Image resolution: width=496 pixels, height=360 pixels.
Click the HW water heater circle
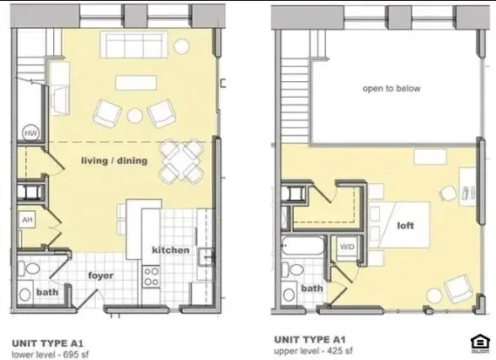tap(31, 133)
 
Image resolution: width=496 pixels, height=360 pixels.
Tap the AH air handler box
tap(28, 220)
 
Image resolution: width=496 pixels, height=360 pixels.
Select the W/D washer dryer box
tap(347, 248)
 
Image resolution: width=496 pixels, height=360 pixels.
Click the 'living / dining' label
tap(114, 160)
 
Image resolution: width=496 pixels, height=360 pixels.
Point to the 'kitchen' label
tap(171, 250)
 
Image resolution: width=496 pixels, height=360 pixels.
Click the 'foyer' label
tap(100, 275)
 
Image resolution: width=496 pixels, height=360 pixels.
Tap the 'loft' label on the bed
tap(405, 226)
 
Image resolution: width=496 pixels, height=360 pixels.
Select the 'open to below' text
tap(391, 88)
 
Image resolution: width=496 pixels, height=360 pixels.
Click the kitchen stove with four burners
tap(151, 277)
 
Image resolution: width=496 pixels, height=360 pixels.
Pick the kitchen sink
tap(206, 256)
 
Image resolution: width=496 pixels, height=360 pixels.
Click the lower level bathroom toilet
tap(29, 269)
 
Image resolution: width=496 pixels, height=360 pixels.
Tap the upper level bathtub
tap(302, 246)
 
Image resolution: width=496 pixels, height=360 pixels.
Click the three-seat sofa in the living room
tap(132, 44)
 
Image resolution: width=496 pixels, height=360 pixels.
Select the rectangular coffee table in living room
tap(136, 83)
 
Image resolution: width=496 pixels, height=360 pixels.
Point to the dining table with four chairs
tap(181, 161)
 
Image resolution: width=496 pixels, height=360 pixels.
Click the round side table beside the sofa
tap(181, 47)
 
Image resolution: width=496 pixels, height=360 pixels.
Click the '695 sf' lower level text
tap(76, 354)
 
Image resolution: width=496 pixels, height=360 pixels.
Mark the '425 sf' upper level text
tap(340, 350)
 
